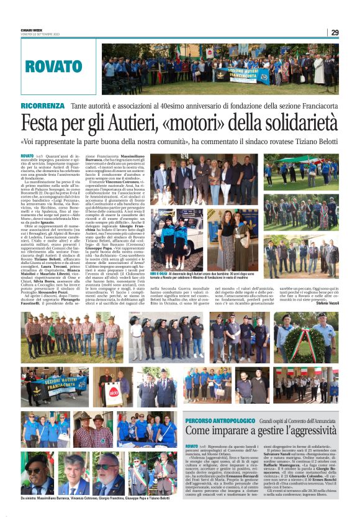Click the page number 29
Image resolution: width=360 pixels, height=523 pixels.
tap(335, 33)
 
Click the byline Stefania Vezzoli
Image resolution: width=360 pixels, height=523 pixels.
tap(325, 304)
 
